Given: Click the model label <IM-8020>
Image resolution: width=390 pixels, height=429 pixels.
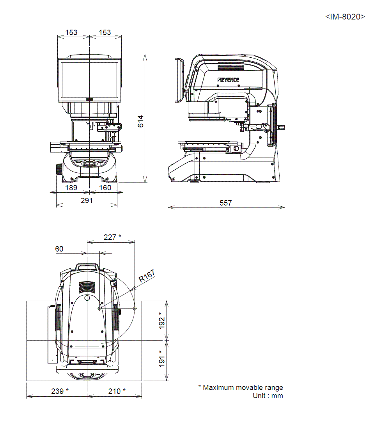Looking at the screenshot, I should click(x=345, y=17).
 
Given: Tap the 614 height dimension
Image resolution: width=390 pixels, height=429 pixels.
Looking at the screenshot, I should click(x=141, y=121).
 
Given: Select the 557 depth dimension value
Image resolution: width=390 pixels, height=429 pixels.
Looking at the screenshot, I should click(x=225, y=203).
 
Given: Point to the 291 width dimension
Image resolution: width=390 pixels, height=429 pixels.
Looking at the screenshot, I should click(x=87, y=200).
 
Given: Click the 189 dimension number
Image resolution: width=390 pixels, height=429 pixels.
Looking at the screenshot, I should click(x=71, y=188).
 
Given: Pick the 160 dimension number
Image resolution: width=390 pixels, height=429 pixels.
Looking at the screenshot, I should click(x=105, y=188).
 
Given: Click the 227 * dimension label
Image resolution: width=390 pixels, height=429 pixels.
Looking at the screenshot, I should click(x=112, y=237).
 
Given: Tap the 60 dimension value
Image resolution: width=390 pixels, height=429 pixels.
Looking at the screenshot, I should click(x=59, y=249).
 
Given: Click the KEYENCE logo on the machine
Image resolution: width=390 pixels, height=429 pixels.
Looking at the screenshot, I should click(x=229, y=80).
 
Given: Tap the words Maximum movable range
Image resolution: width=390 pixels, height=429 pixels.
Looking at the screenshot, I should click(x=243, y=388).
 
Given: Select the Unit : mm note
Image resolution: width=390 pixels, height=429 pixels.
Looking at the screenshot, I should click(x=268, y=396).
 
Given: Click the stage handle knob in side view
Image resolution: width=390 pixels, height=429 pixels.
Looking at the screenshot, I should click(x=282, y=127).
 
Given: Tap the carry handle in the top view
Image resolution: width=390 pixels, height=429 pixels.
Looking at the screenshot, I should click(x=87, y=266).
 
